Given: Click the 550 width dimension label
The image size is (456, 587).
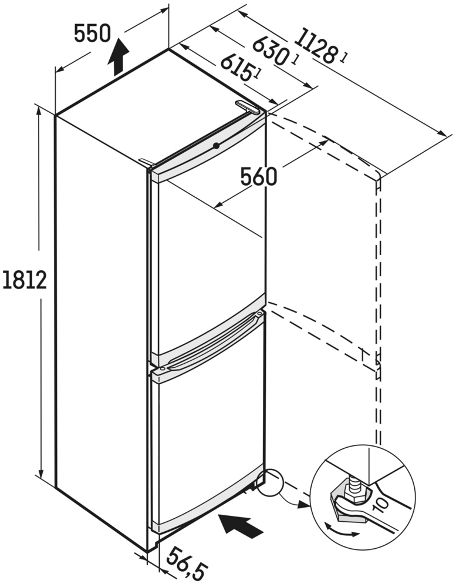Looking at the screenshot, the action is point(92,33).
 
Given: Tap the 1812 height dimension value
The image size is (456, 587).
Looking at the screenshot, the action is point(25,279).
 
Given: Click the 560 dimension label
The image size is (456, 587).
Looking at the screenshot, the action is point(259,177).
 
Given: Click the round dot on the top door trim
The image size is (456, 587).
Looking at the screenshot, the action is point(217,146).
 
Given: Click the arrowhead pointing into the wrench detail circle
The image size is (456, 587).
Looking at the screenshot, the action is point(304,505).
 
